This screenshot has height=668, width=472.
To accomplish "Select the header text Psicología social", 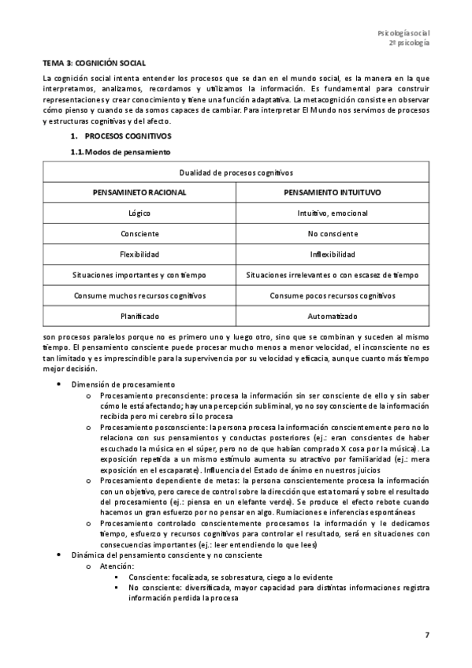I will [403, 33].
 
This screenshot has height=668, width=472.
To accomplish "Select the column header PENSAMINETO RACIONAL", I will [139, 192].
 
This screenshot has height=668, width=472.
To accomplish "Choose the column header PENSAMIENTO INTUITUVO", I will [332, 192].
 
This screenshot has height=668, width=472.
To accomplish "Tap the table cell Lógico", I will [139, 213].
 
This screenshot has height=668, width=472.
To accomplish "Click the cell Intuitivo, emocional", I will [332, 213].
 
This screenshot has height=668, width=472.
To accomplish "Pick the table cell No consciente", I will [332, 234].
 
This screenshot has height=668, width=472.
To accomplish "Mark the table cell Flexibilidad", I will [139, 254].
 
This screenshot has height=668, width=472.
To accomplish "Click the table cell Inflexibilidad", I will [332, 254].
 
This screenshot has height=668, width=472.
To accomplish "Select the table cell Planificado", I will [139, 316].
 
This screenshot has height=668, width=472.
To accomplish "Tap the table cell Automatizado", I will [332, 316].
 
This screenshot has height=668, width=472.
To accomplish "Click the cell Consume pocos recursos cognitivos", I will [332, 295].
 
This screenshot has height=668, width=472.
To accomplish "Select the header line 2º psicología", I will [409, 44].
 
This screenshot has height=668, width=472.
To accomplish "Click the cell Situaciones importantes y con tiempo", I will [139, 275].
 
